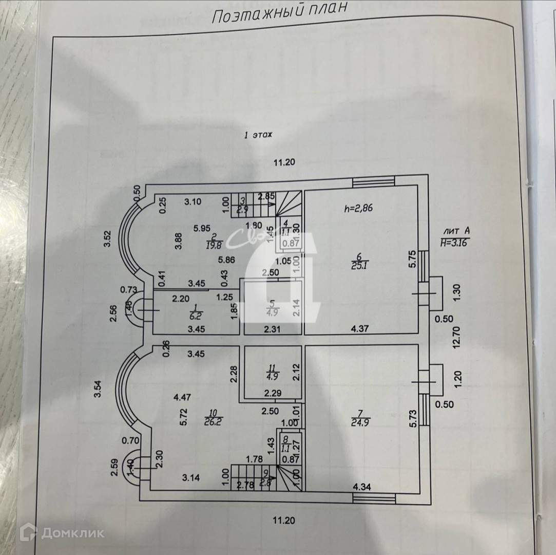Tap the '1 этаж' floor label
(x=258, y=135)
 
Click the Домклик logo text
(x=71, y=533)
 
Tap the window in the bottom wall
(x=374, y=498)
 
